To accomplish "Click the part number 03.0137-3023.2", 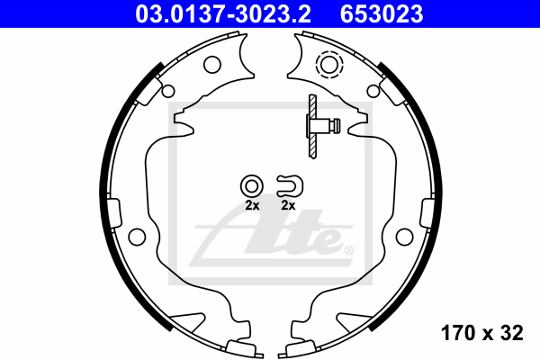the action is click(223, 13).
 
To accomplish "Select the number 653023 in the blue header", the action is click(382, 13).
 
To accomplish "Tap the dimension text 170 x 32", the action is click(481, 333).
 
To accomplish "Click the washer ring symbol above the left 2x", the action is click(252, 186).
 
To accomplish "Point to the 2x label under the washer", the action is click(252, 206).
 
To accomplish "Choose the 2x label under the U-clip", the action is click(288, 206).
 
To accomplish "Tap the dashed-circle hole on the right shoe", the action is click(329, 65).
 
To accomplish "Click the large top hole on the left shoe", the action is click(212, 65).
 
